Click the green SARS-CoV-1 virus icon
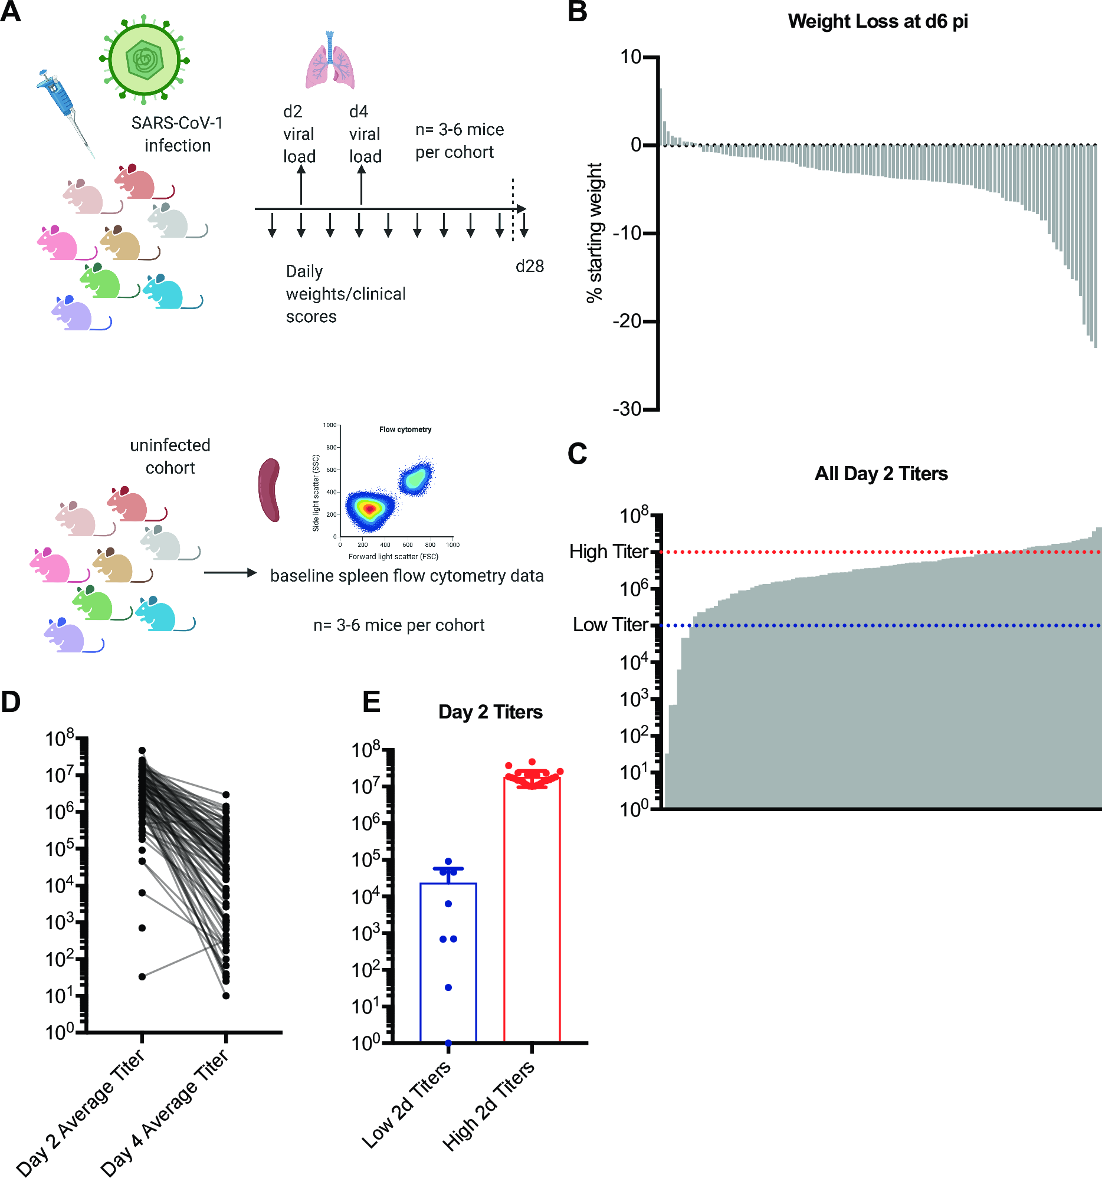(144, 59)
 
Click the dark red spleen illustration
(270, 490)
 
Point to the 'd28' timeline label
(529, 267)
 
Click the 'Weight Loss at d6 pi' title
(877, 21)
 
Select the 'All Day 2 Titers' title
(880, 474)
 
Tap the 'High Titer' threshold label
(608, 552)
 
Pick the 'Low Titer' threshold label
(610, 625)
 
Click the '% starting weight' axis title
(594, 232)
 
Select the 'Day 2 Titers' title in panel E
(490, 711)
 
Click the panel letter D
(11, 701)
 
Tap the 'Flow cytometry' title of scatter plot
(405, 429)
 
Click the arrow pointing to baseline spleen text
(230, 572)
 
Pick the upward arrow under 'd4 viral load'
(361, 185)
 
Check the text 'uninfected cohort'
(170, 456)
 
